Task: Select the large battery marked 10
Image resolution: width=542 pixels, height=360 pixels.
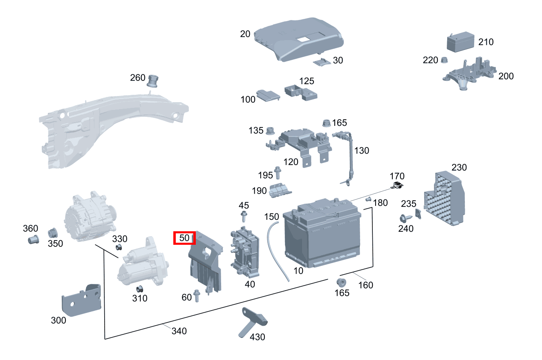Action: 323,237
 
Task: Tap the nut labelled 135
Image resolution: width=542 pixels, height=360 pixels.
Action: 269,131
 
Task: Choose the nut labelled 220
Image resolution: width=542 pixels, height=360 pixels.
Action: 444,60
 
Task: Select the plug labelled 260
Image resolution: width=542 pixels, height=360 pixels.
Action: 153,81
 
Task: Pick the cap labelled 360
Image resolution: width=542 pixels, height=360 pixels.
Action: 33,239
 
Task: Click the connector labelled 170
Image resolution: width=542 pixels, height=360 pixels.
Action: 397,186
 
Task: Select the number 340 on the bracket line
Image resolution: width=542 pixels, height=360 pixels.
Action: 179,331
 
